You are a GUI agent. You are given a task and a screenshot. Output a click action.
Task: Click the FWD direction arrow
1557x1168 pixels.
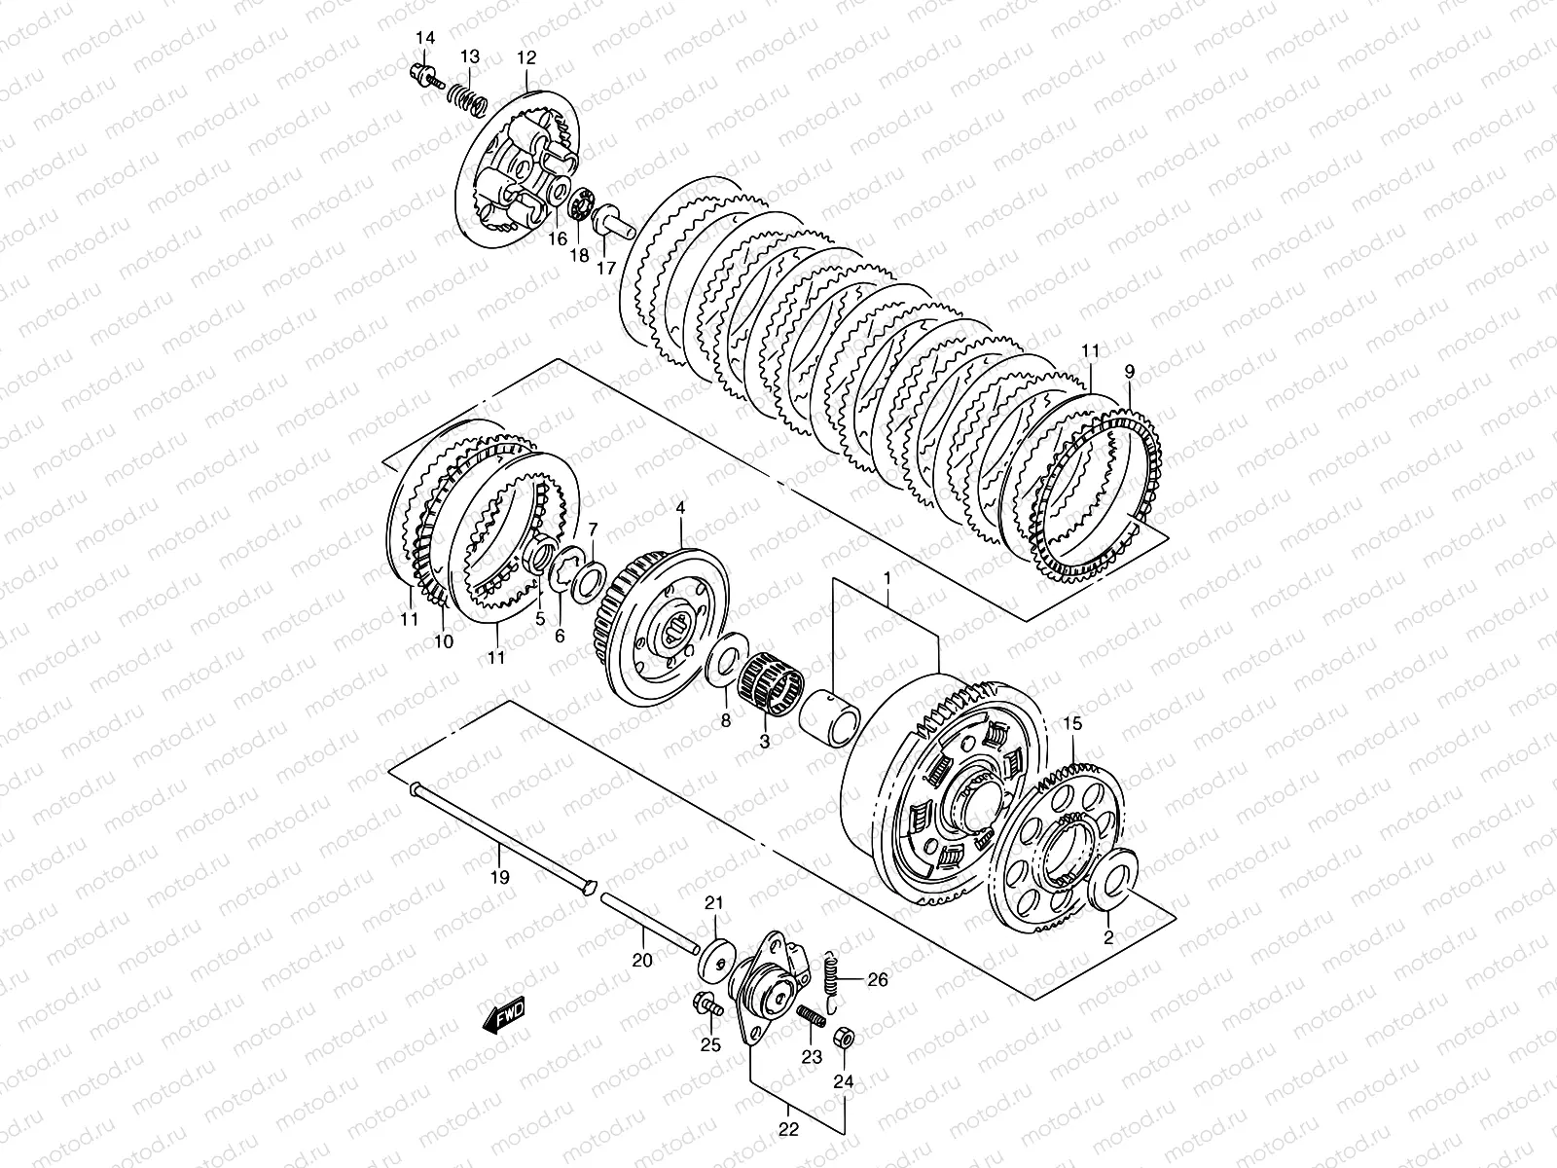coord(504,1016)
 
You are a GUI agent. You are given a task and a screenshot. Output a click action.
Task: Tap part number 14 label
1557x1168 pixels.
coord(425,38)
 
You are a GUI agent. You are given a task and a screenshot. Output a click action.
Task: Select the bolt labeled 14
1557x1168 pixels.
coord(426,76)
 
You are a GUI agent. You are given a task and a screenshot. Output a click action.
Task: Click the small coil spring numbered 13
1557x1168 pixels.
coord(468,99)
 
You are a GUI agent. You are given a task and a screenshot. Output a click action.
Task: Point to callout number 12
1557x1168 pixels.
coord(526,57)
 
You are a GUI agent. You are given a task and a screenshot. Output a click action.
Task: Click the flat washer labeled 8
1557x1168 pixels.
coord(727,660)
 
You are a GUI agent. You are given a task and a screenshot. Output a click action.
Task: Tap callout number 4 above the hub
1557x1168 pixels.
coord(680,508)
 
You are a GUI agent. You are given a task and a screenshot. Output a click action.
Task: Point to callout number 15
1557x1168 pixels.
coord(1073,724)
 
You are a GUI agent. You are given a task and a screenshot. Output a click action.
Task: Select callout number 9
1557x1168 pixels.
coord(1129,372)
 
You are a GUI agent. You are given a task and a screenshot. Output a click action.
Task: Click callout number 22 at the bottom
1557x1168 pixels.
coord(788,1129)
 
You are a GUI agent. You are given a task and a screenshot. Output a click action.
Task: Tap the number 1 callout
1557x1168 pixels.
coord(887,579)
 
